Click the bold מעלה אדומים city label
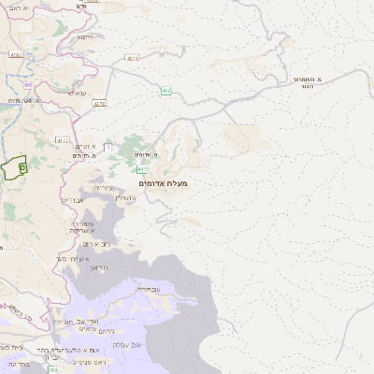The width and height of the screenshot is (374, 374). tap(163, 183)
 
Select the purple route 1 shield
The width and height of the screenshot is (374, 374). tap(108, 147)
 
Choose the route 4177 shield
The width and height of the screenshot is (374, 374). tap(63, 141)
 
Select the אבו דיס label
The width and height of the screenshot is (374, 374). tap(73, 199)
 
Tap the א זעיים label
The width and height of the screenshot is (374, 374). tap(86, 147)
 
